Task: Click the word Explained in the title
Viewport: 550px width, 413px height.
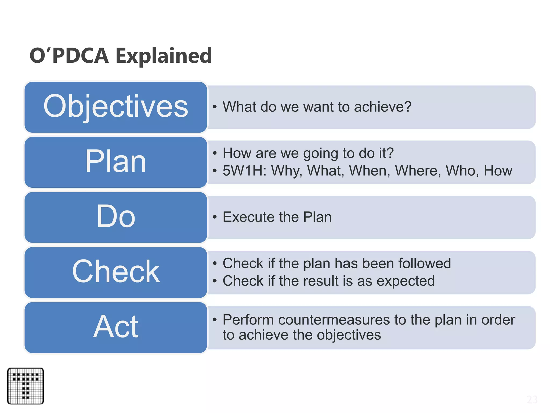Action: pos(164,56)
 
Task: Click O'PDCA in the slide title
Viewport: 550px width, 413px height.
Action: pos(69,55)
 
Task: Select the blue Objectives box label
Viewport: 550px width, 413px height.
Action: pos(116,106)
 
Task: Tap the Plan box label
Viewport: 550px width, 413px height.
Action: pos(116,161)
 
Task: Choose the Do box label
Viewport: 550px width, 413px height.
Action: pos(116,216)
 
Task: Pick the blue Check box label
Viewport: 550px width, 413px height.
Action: pos(116,272)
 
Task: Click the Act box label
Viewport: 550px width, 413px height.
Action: pos(116,327)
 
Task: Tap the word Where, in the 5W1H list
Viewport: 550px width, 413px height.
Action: pos(418,171)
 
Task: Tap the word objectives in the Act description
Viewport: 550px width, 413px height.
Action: pos(349,335)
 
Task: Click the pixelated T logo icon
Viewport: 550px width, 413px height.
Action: pos(26,386)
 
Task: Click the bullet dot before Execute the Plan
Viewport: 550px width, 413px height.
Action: pos(215,217)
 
